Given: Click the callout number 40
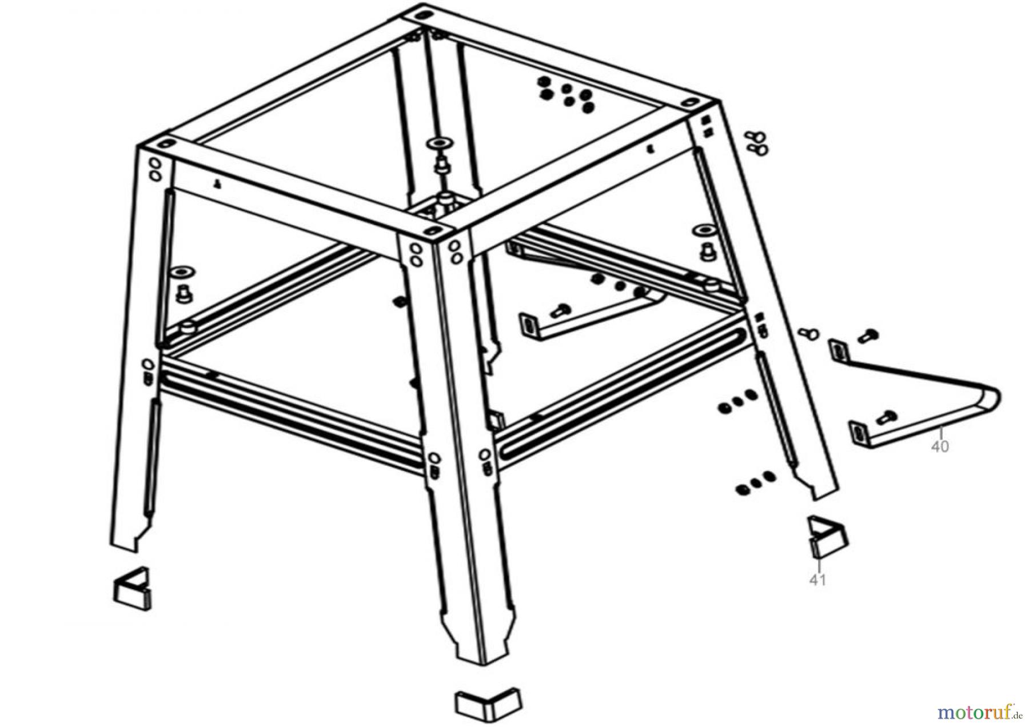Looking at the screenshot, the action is click(x=940, y=446).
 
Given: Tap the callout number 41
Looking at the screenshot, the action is click(x=817, y=580).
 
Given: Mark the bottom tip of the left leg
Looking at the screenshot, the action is click(x=135, y=552).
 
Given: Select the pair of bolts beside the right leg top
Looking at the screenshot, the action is click(x=757, y=143).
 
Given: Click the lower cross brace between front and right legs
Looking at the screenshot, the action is click(x=621, y=389).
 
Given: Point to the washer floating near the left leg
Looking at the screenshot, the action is click(x=182, y=269).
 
